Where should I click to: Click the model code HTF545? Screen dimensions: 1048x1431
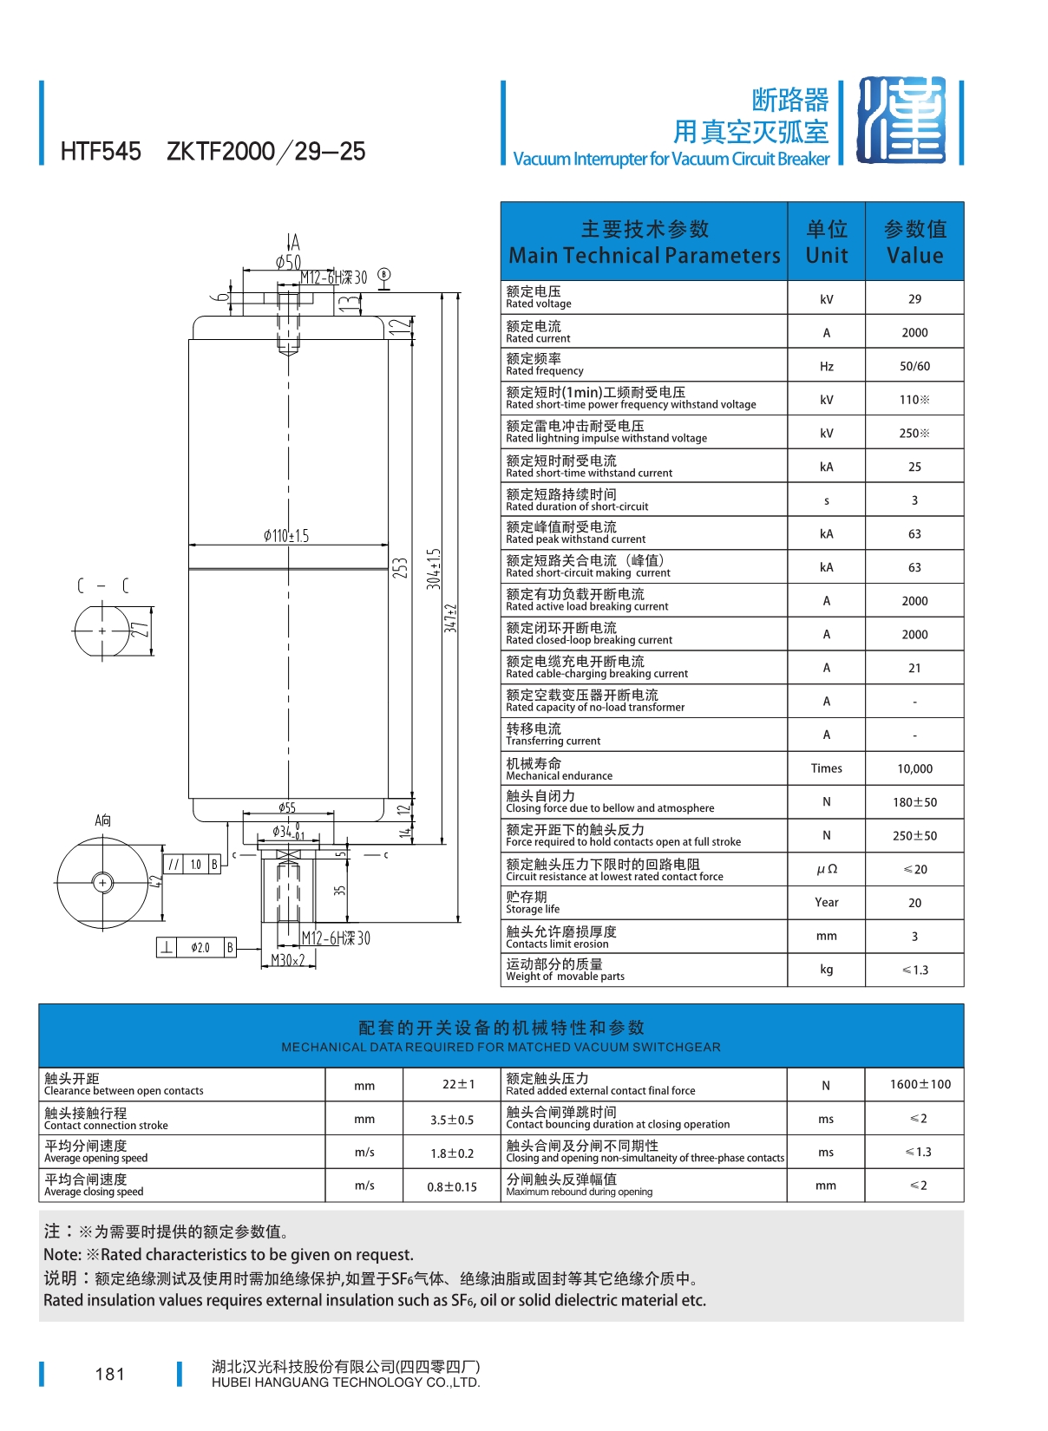(x=101, y=152)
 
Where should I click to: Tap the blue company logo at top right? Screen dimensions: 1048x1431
(x=901, y=121)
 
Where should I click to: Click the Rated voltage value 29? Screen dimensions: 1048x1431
(x=914, y=299)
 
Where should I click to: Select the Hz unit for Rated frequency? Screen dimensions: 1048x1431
(x=826, y=367)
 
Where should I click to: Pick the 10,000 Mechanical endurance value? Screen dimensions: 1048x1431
(x=914, y=769)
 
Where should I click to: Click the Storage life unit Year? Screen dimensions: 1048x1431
(x=826, y=903)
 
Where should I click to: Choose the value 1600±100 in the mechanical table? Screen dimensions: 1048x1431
(x=920, y=1085)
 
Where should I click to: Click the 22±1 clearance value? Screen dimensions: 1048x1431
(x=458, y=1085)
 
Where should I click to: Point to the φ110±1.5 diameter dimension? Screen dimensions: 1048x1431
(x=286, y=536)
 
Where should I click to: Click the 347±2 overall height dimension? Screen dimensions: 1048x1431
(x=450, y=618)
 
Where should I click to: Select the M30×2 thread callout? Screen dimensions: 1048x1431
(x=288, y=961)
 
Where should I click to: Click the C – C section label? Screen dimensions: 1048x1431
(x=102, y=586)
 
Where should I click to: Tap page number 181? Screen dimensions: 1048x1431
(x=110, y=1375)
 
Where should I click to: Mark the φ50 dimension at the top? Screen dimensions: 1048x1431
(x=288, y=262)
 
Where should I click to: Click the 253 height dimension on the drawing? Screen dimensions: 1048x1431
(x=399, y=568)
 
